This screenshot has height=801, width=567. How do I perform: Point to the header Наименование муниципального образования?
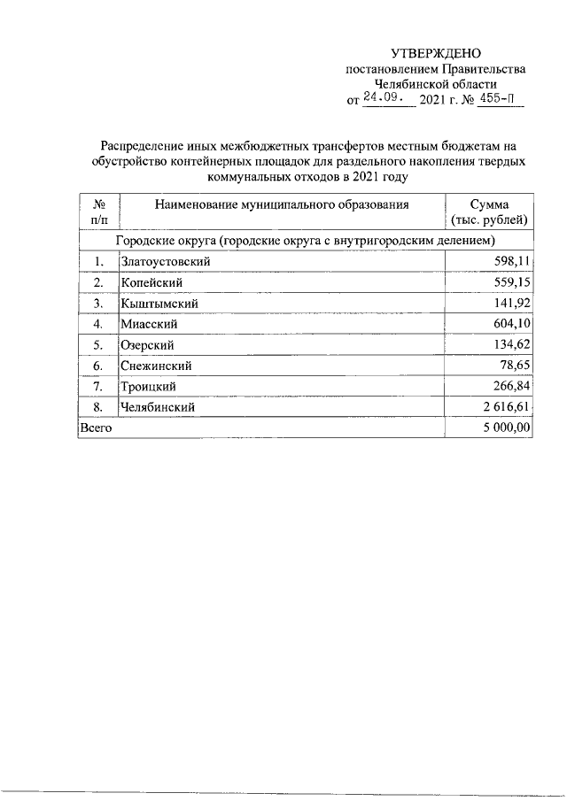[281, 205]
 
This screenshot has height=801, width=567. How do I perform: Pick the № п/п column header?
[99, 212]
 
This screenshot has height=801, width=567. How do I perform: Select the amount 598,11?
[509, 261]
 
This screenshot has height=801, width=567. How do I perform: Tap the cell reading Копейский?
[151, 282]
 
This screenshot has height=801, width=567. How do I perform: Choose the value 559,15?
[509, 282]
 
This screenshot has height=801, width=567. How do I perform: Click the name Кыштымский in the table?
[159, 304]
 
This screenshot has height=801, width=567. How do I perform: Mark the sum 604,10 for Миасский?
[509, 324]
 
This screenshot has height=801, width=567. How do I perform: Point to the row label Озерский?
[147, 345]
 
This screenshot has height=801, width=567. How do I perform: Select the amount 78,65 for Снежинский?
[513, 366]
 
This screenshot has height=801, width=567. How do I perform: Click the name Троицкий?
[148, 387]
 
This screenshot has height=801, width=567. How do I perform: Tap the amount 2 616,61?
[504, 407]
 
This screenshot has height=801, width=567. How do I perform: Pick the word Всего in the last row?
[96, 427]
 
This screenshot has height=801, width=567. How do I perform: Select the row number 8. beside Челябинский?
[99, 407]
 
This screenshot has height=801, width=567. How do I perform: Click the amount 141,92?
[509, 304]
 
